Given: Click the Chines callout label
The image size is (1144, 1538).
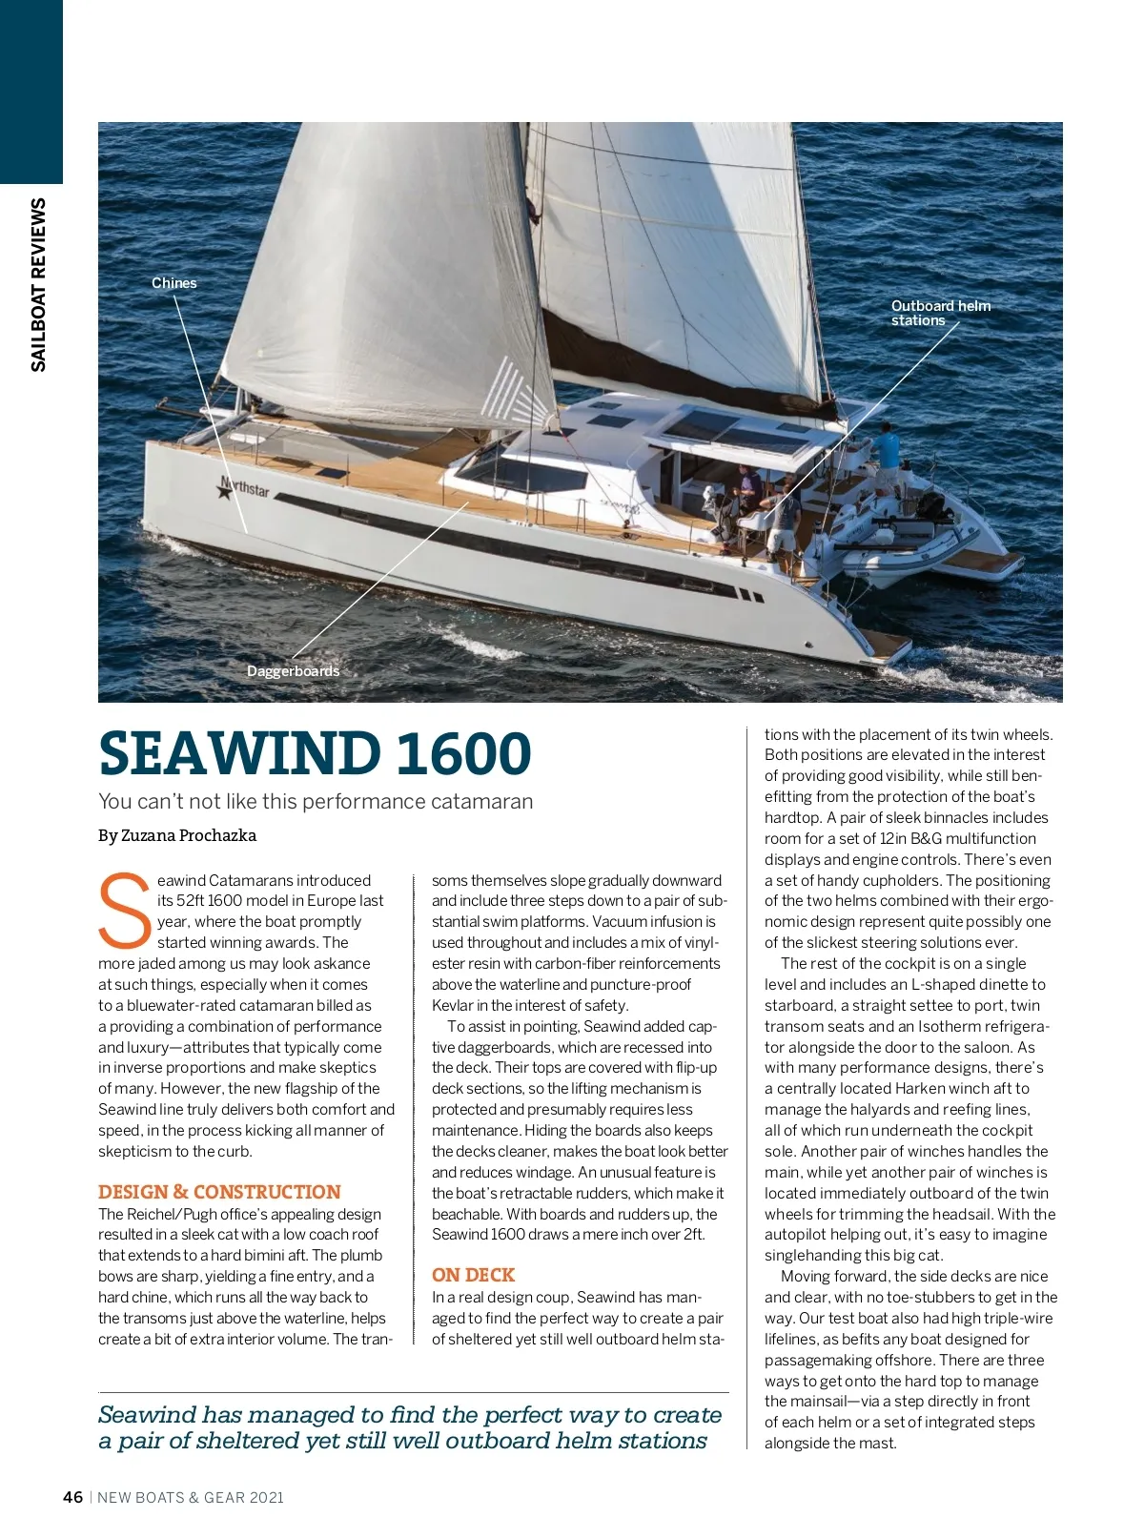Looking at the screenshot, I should pyautogui.click(x=174, y=283).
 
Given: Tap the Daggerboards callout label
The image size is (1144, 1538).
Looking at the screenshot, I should pyautogui.click(x=293, y=671).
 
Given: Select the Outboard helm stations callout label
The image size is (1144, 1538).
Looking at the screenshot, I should pyautogui.click(x=940, y=313).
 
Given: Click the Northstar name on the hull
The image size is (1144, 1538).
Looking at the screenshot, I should pyautogui.click(x=245, y=488).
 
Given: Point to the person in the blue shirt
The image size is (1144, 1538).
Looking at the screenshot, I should pyautogui.click(x=888, y=446).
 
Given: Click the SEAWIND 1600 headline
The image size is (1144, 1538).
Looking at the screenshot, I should pyautogui.click(x=315, y=753).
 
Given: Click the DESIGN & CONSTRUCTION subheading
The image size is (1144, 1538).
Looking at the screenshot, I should pyautogui.click(x=219, y=1192).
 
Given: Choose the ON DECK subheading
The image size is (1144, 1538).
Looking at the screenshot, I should pyautogui.click(x=473, y=1275).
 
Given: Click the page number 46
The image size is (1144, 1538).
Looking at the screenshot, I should pyautogui.click(x=73, y=1497).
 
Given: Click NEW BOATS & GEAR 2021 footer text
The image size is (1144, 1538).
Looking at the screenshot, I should pyautogui.click(x=191, y=1497).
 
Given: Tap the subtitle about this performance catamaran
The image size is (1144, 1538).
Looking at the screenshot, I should pyautogui.click(x=316, y=801).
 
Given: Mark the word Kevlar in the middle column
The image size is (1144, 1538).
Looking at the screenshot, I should pyautogui.click(x=453, y=1005).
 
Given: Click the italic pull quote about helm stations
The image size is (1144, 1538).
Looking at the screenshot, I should pyautogui.click(x=410, y=1427).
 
